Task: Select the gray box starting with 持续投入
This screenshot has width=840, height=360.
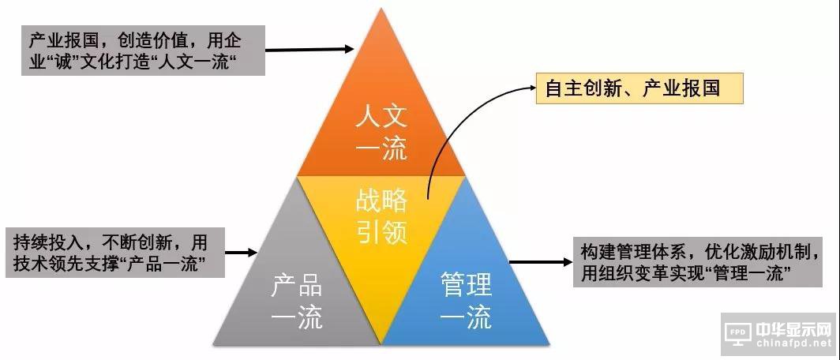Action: click(114, 253)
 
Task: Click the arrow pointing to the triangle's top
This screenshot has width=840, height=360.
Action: click(308, 50)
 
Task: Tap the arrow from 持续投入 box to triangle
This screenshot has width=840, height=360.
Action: click(242, 253)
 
